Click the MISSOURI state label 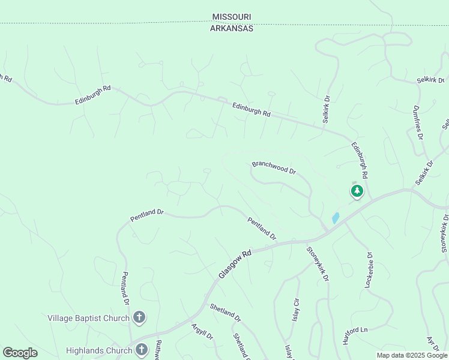click(x=232, y=17)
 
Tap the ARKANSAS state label click(x=232, y=28)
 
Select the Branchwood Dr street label click(x=274, y=167)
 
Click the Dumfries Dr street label click(x=418, y=122)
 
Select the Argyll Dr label click(x=202, y=331)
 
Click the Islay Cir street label click(x=295, y=309)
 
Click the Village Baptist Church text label click(x=89, y=317)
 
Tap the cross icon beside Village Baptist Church click(x=139, y=317)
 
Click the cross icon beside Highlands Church click(x=142, y=349)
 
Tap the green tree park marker click(x=357, y=191)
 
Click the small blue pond click(x=336, y=218)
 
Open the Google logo click(x=20, y=353)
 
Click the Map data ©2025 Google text click(x=411, y=355)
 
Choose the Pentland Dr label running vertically click(x=125, y=287)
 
